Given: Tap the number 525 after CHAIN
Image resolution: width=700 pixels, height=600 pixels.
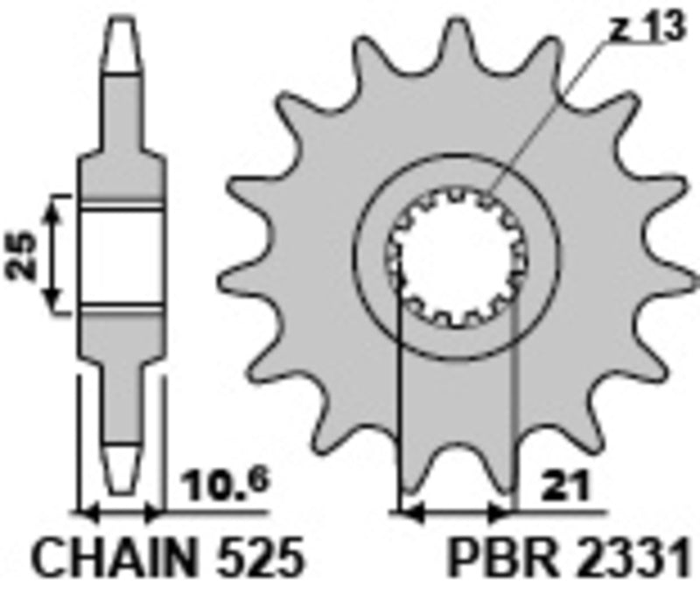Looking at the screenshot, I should (256, 558).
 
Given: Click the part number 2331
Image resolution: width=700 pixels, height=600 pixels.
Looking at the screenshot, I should (630, 558).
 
